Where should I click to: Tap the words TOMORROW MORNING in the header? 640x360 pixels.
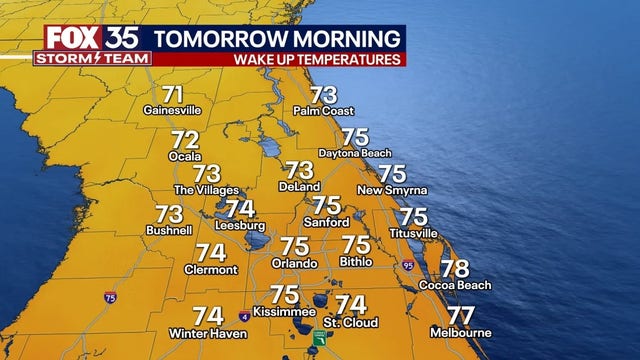pyautogui.click(x=279, y=38)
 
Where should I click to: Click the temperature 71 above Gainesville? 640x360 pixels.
pyautogui.click(x=173, y=96)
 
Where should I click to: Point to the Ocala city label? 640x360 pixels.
pyautogui.click(x=185, y=158)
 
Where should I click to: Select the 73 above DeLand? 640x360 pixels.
pyautogui.click(x=299, y=170)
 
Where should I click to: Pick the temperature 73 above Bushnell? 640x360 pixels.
pyautogui.click(x=169, y=213)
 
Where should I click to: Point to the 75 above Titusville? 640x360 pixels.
pyautogui.click(x=413, y=216)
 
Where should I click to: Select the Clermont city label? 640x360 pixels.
pyautogui.click(x=211, y=269)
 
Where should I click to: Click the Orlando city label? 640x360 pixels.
pyautogui.click(x=294, y=263)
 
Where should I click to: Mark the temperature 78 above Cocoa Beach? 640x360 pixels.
pyautogui.click(x=455, y=268)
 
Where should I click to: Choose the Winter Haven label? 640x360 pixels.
pyautogui.click(x=208, y=332)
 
